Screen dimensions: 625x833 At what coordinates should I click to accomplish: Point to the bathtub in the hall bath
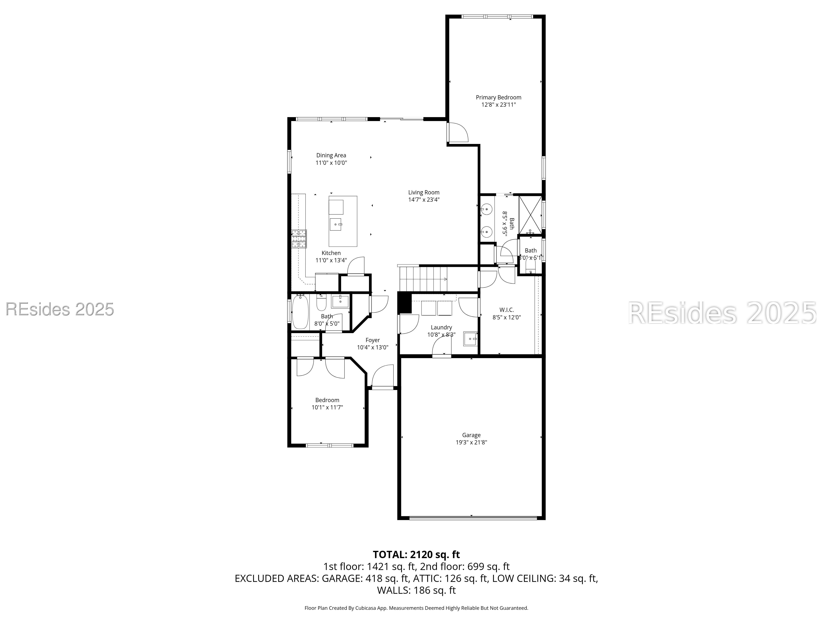(x=300, y=312)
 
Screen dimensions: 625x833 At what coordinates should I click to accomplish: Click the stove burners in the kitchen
(x=299, y=239)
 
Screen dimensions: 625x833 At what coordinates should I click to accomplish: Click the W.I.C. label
(x=506, y=310)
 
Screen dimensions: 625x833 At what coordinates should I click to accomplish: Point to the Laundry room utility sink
(x=471, y=338)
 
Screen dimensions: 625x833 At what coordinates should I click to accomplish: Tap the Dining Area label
(x=331, y=155)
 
